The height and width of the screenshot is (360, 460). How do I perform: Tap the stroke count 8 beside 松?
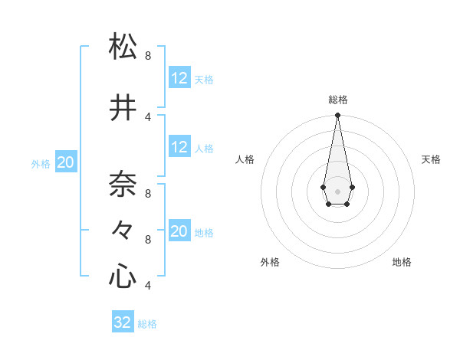tap(148, 56)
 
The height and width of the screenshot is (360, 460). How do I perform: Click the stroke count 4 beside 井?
tap(148, 117)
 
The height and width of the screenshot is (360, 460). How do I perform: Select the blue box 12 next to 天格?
tap(179, 77)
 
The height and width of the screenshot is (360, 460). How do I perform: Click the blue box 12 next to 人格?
tap(179, 147)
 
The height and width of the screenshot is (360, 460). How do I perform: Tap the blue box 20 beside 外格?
tap(66, 162)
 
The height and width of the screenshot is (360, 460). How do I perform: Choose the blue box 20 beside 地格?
tap(179, 231)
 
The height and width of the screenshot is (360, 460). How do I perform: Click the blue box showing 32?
tap(123, 322)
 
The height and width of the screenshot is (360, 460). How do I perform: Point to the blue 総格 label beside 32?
tap(147, 324)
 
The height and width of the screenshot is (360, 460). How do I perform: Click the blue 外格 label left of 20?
tap(41, 164)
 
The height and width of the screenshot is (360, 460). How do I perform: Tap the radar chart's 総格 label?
tap(337, 100)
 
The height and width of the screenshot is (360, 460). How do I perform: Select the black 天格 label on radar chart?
tap(431, 159)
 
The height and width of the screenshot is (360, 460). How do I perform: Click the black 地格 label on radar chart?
tap(402, 262)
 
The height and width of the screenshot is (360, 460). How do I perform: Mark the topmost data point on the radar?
tap(337, 116)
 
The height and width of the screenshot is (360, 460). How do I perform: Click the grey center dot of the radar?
tap(337, 190)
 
